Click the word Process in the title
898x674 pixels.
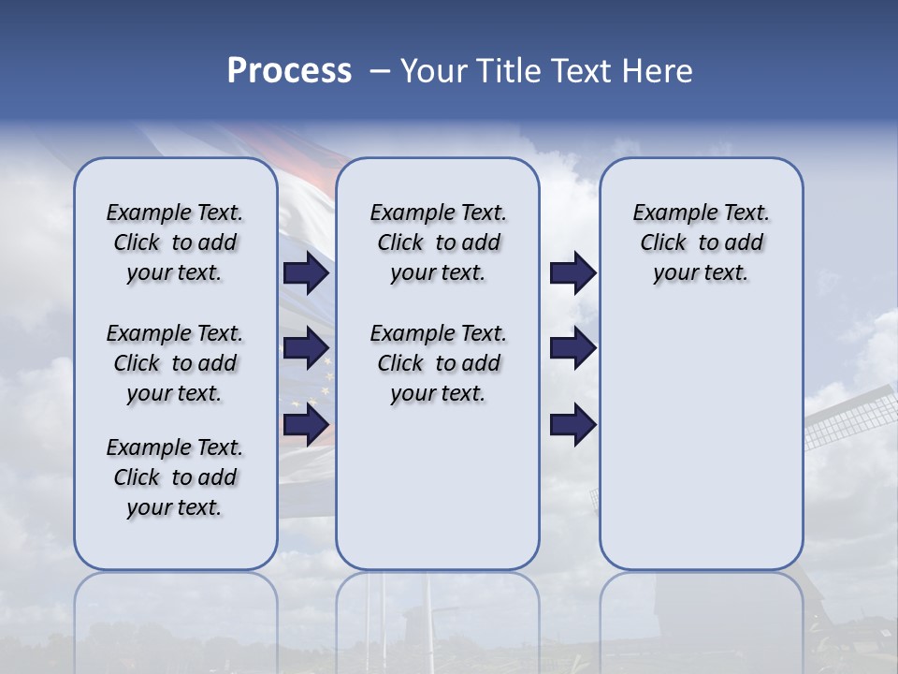pyautogui.click(x=289, y=71)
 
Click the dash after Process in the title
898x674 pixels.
pyautogui.click(x=379, y=72)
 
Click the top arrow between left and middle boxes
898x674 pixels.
pyautogui.click(x=306, y=272)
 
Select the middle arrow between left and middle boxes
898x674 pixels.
pyautogui.click(x=306, y=348)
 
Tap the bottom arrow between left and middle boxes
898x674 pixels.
pyautogui.click(x=306, y=425)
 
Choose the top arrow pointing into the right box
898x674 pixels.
pyautogui.click(x=572, y=272)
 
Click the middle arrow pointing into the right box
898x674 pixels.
pyautogui.click(x=572, y=348)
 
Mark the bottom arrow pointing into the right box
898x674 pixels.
pyautogui.click(x=572, y=425)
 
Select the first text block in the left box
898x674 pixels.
pyautogui.click(x=174, y=242)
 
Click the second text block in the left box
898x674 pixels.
pyautogui.click(x=174, y=363)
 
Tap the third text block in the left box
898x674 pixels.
pyautogui.click(x=174, y=477)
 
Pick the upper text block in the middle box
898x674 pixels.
pyautogui.click(x=438, y=242)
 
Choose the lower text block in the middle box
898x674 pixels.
pyautogui.click(x=438, y=363)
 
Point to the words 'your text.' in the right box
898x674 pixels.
pyautogui.click(x=701, y=273)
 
